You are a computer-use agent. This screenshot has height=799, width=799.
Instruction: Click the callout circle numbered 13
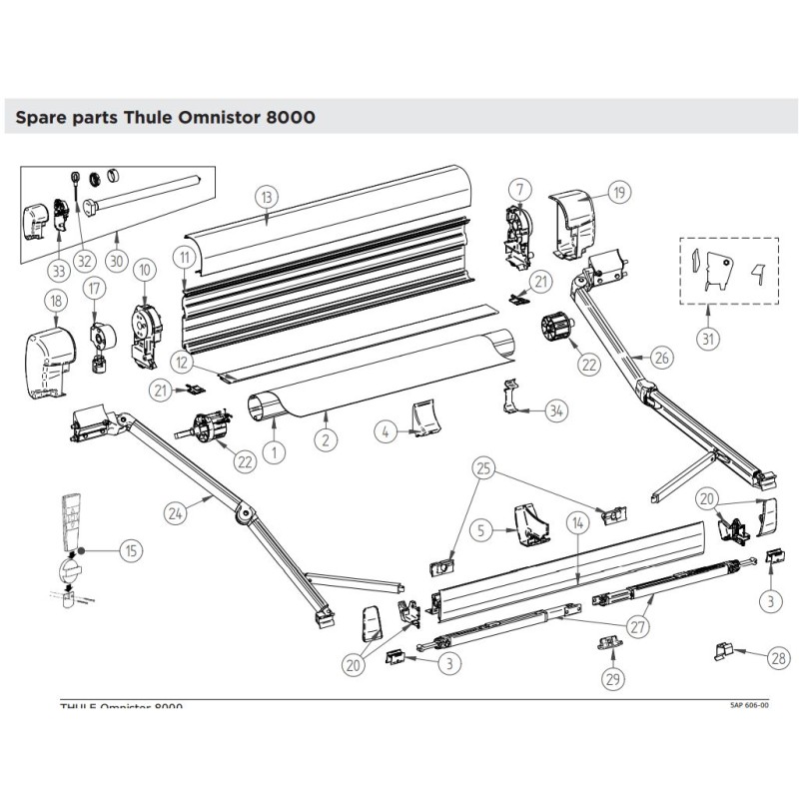click(265, 196)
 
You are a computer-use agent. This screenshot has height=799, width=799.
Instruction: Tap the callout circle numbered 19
click(618, 192)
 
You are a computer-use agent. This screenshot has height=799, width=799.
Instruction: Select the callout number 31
click(707, 339)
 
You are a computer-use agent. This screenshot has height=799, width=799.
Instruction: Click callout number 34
click(555, 409)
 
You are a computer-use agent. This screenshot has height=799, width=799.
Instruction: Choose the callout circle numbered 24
click(176, 513)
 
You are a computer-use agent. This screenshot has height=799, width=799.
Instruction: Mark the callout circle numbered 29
click(612, 679)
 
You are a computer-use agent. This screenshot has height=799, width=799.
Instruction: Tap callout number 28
click(778, 657)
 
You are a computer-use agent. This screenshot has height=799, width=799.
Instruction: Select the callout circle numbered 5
click(481, 530)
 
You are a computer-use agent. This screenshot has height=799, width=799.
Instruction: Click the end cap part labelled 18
click(50, 352)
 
